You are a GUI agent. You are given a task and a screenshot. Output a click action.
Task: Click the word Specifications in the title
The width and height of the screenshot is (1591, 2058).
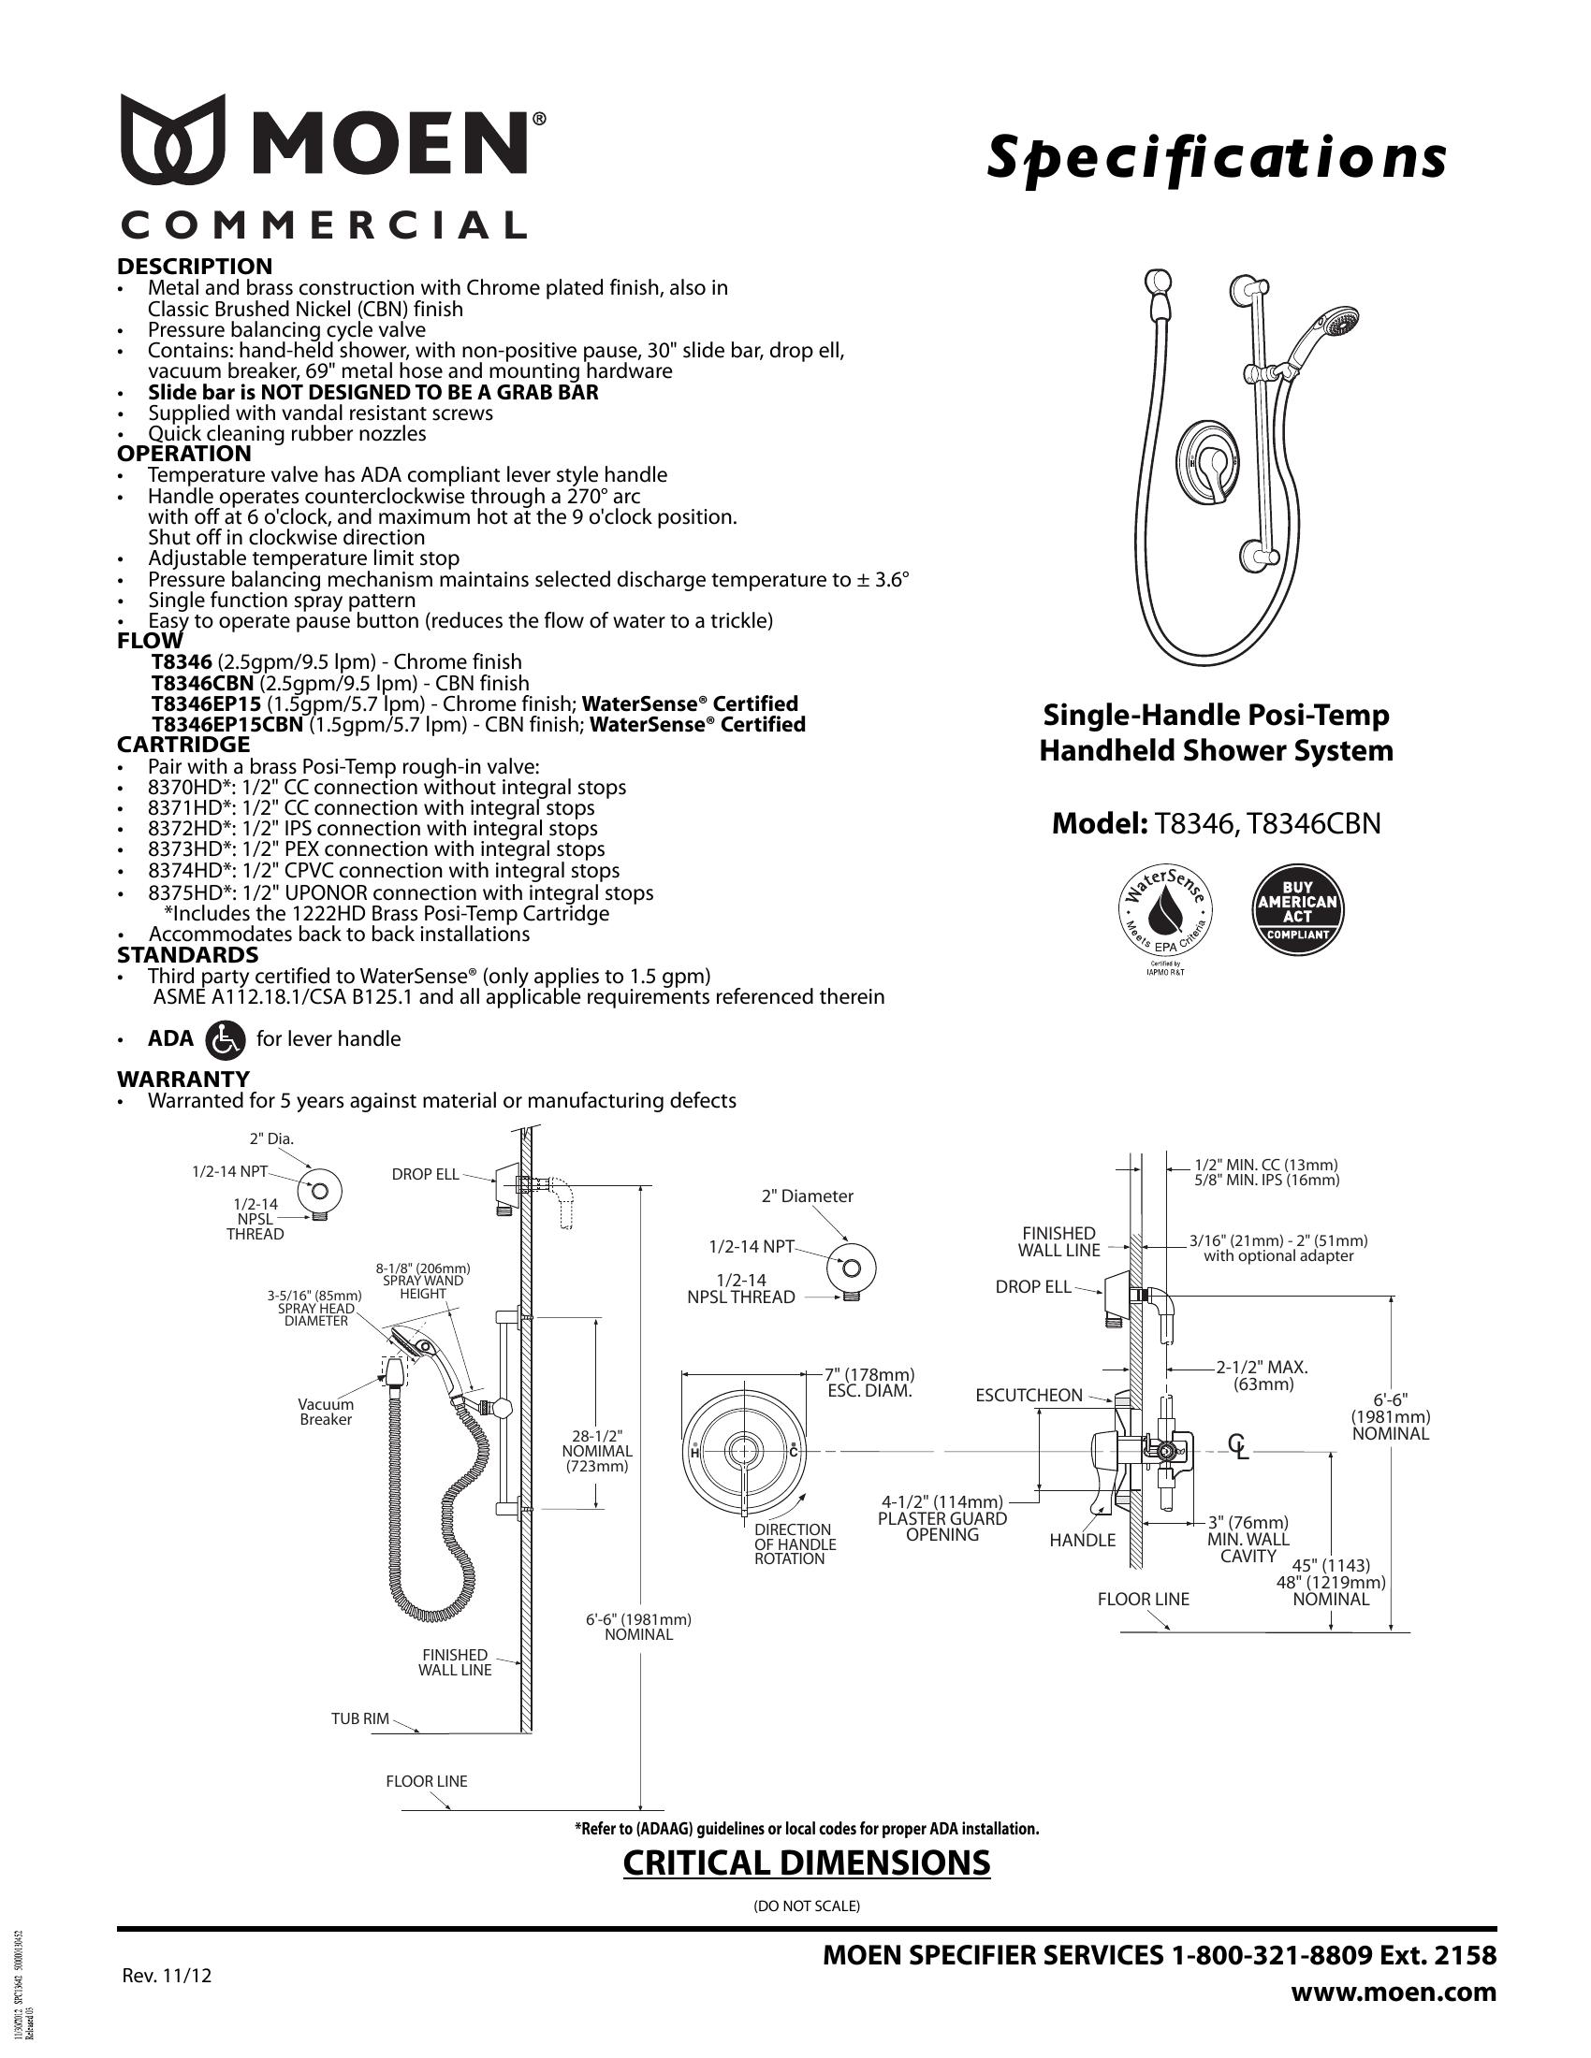tap(1216, 158)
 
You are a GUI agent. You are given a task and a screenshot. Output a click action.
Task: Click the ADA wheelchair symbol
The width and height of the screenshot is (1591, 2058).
tap(224, 1039)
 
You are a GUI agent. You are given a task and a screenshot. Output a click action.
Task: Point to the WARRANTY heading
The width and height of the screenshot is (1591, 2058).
tap(182, 1079)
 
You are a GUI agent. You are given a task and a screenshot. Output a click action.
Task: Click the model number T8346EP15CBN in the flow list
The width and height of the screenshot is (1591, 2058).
tap(227, 725)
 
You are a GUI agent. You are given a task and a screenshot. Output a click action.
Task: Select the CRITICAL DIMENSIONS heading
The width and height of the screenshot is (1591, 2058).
tap(807, 1862)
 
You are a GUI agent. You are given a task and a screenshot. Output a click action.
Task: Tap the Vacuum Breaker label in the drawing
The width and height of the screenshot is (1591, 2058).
tap(325, 1412)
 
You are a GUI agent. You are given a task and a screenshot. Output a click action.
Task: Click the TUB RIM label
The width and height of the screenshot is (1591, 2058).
tap(359, 1718)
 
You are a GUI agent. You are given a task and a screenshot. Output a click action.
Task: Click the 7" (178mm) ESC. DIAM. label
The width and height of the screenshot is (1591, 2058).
tap(870, 1383)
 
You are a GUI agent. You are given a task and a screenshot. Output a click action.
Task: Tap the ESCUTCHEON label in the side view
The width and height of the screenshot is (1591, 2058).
tap(1029, 1396)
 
